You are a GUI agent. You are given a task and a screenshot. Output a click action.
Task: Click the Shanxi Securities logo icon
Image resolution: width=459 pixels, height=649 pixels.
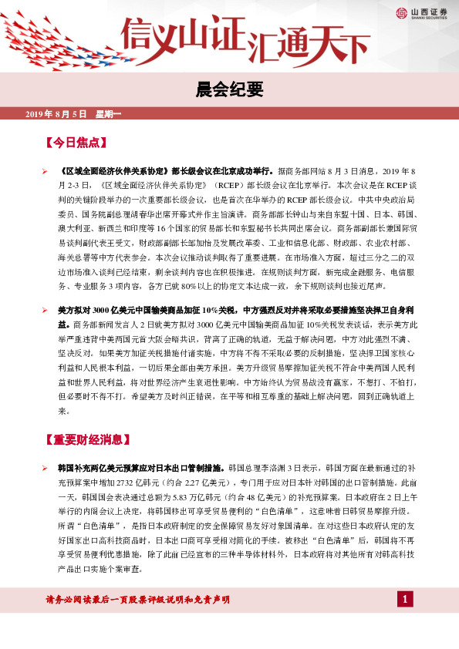pos(402,12)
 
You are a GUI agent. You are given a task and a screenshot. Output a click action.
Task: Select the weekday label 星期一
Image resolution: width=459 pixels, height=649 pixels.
pos(108,113)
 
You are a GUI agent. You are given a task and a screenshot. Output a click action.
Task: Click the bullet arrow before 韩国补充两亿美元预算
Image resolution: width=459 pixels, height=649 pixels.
pos(46,468)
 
